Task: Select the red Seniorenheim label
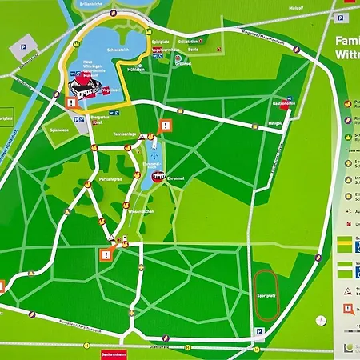coord(115,352)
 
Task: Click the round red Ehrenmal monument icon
coord(158,178)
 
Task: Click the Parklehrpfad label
coord(118,179)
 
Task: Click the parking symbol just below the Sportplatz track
coord(259,330)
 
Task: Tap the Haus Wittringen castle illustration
coord(82,82)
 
